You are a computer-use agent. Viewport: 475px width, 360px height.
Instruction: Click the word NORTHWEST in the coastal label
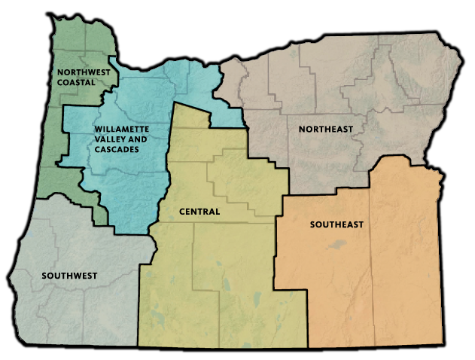[84, 72]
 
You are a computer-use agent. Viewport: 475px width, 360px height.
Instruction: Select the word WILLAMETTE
[123, 130]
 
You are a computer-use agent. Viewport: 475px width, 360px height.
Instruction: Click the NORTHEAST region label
[325, 130]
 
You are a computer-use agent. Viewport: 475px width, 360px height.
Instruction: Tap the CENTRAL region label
[199, 212]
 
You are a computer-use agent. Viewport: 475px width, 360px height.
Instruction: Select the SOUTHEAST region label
[336, 224]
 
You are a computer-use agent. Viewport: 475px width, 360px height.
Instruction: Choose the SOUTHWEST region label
[69, 276]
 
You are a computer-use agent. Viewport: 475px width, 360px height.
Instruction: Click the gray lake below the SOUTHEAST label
[336, 245]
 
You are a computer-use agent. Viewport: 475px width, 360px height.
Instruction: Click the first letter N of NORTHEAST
[301, 130]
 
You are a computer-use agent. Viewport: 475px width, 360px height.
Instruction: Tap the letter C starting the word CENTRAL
[183, 212]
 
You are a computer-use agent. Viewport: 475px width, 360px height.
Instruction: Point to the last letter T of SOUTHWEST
[95, 276]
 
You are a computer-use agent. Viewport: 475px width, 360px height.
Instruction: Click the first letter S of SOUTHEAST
[312, 224]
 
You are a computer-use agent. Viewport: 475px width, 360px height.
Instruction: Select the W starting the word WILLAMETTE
[98, 130]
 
